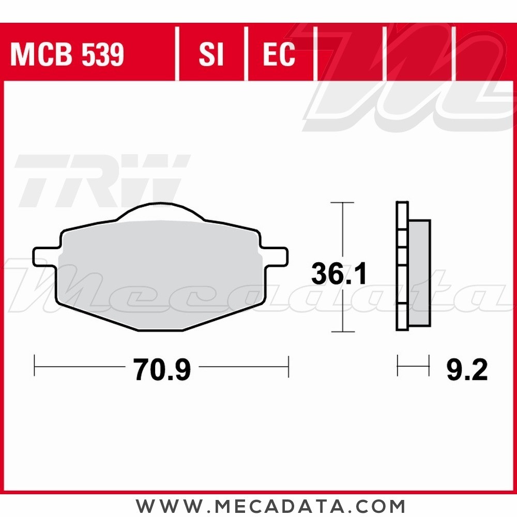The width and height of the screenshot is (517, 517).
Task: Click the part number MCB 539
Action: [x=67, y=55]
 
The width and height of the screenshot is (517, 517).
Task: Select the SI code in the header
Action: [x=211, y=55]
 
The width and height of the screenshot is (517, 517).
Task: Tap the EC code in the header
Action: [x=279, y=55]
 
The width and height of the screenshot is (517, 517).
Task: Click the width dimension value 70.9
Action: [x=162, y=370]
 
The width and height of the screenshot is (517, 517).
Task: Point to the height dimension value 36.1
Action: [x=339, y=273]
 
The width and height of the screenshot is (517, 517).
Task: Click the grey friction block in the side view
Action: [x=419, y=273]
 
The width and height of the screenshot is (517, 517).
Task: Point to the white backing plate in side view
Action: [x=402, y=266]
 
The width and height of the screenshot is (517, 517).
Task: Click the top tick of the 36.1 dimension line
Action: [x=341, y=202]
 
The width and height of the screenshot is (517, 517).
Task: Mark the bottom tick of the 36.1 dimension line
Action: [x=341, y=331]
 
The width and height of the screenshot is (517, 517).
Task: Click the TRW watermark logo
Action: [x=101, y=178]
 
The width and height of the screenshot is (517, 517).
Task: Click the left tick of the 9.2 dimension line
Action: [x=398, y=366]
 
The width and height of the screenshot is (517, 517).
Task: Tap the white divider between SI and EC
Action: [x=246, y=55]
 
